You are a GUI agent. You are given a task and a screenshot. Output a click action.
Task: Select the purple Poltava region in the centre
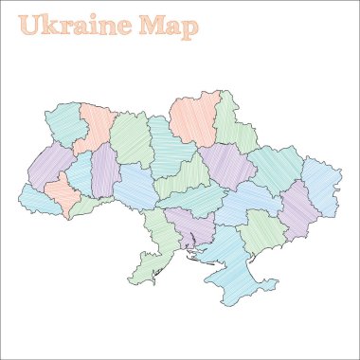pyautogui.click(x=226, y=165)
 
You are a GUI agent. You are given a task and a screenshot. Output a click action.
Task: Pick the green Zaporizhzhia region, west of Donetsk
pyautogui.click(x=261, y=233)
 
